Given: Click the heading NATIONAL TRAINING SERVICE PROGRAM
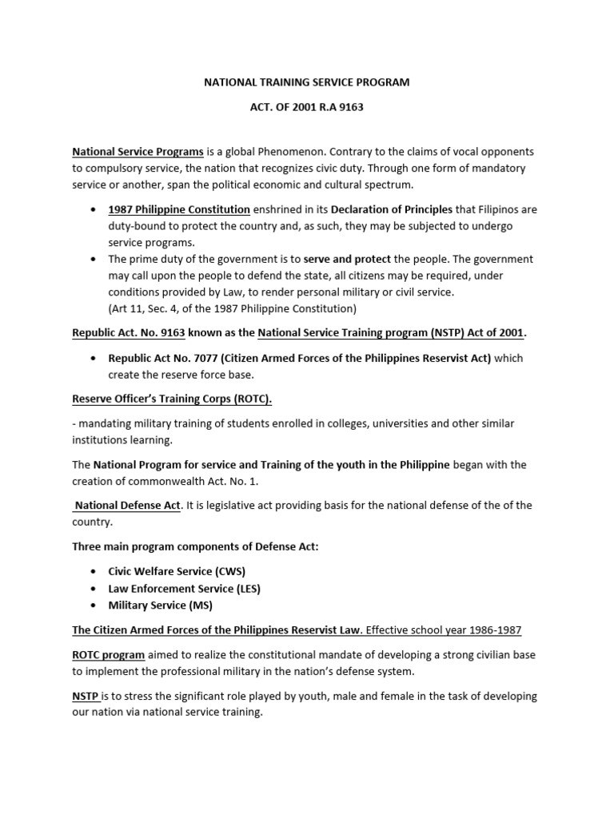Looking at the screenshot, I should point(306,82).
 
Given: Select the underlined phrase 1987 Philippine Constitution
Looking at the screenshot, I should point(179,209).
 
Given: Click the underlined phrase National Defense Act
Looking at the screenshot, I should point(126,506).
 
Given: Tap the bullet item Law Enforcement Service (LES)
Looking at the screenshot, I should point(184,588).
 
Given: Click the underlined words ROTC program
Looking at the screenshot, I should point(108,654).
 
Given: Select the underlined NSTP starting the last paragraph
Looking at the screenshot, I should point(85,696).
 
